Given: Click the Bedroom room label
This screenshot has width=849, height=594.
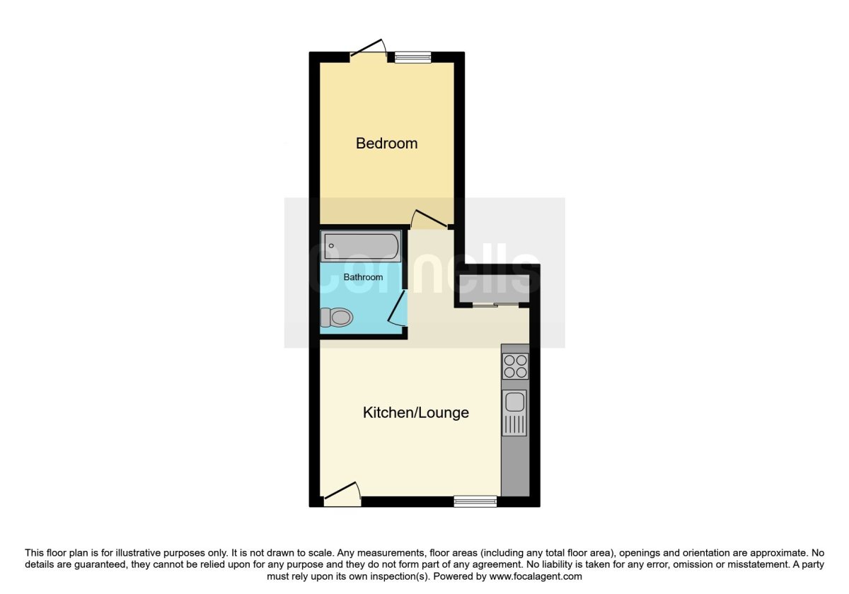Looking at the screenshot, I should click(x=386, y=144).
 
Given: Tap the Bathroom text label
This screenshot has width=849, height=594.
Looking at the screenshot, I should click(x=363, y=277).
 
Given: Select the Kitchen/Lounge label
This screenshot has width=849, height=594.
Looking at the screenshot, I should click(x=415, y=412).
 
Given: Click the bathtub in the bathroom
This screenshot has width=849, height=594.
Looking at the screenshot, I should click(x=361, y=246).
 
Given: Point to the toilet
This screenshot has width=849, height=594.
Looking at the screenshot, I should click(x=337, y=318).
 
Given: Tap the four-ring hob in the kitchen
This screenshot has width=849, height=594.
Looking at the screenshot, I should click(x=514, y=366).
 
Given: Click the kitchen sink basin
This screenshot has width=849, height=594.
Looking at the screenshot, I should click(x=514, y=402).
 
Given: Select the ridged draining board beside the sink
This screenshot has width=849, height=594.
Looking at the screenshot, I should click(x=514, y=424).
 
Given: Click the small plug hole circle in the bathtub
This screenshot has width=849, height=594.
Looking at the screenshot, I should click(x=330, y=245).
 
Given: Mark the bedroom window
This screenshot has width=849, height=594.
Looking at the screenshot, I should click(x=413, y=58).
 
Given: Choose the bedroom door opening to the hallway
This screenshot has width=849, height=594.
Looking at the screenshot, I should click(x=429, y=219).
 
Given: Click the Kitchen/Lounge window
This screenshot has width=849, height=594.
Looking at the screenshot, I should click(x=475, y=501).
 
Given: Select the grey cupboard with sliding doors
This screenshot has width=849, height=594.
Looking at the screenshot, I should click(x=495, y=286).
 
